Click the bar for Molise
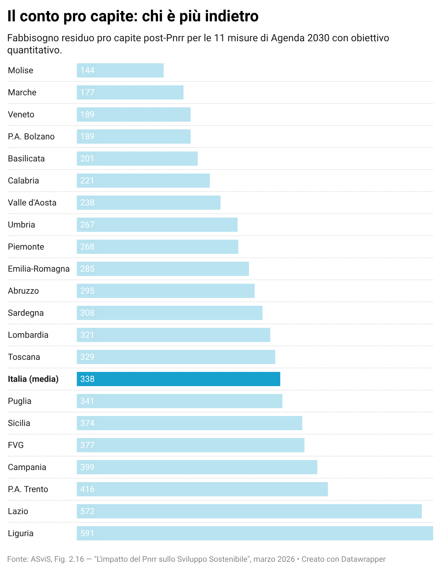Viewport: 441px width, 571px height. click(x=120, y=70)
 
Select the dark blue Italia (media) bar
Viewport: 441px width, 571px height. click(x=178, y=379)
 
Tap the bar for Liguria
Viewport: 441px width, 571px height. click(x=255, y=533)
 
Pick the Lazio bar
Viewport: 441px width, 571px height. click(x=249, y=511)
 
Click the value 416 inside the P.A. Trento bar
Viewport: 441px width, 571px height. click(x=87, y=489)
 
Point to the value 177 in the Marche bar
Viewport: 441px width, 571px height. click(x=87, y=92)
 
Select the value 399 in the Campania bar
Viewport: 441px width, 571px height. click(x=87, y=467)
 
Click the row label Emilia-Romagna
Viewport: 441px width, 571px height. click(x=39, y=269)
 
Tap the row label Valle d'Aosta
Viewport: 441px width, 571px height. click(x=32, y=203)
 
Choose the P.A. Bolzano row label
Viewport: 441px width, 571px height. click(x=31, y=137)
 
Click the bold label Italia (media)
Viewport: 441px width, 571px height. click(x=33, y=379)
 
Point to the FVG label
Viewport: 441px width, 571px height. click(x=16, y=445)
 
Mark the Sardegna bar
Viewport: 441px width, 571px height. click(x=169, y=313)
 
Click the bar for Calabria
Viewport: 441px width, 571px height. click(x=143, y=181)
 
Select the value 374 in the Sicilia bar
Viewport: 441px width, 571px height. click(x=87, y=423)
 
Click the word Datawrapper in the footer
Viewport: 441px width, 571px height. click(x=363, y=559)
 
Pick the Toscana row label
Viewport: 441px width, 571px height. click(x=24, y=357)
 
